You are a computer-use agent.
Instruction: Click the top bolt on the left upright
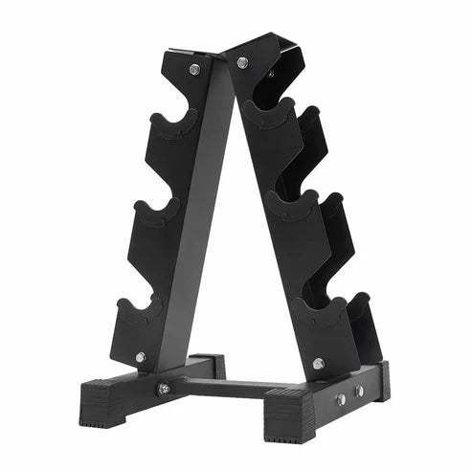click(x=194, y=69)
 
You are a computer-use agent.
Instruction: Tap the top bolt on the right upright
click(x=242, y=62)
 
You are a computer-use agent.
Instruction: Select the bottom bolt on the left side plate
click(x=141, y=357)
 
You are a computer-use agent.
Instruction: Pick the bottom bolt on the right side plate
click(x=319, y=363)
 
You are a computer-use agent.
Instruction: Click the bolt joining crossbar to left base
click(x=164, y=389)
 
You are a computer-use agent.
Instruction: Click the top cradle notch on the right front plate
click(x=272, y=107)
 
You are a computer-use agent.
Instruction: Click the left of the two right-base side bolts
click(x=340, y=399)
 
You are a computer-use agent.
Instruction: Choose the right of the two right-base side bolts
click(x=358, y=391)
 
